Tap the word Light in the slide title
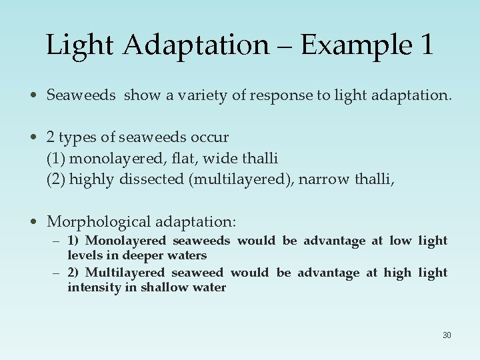[78, 45]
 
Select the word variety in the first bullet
[195, 95]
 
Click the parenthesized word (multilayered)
[241, 179]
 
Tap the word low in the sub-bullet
[400, 241]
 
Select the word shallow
[165, 287]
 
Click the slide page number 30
[446, 335]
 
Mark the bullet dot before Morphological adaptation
[36, 221]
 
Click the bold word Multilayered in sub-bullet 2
[125, 273]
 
